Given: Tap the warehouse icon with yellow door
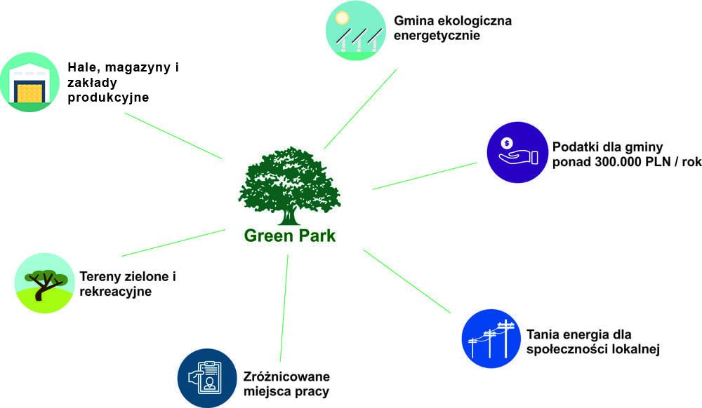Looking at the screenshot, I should pyautogui.click(x=29, y=83).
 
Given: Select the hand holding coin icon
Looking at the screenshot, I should pyautogui.click(x=517, y=152).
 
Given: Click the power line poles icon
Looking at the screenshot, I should pyautogui.click(x=491, y=339).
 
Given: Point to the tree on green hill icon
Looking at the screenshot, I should pyautogui.click(x=44, y=283).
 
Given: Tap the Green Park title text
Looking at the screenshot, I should pyautogui.click(x=289, y=236).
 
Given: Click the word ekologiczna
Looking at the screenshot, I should pyautogui.click(x=472, y=20).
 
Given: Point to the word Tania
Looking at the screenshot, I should pyautogui.click(x=541, y=334).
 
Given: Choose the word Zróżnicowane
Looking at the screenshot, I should pyautogui.click(x=286, y=376).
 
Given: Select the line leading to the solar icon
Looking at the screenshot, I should pyautogui.click(x=360, y=109).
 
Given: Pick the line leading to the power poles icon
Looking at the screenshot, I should pyautogui.click(x=407, y=281).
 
